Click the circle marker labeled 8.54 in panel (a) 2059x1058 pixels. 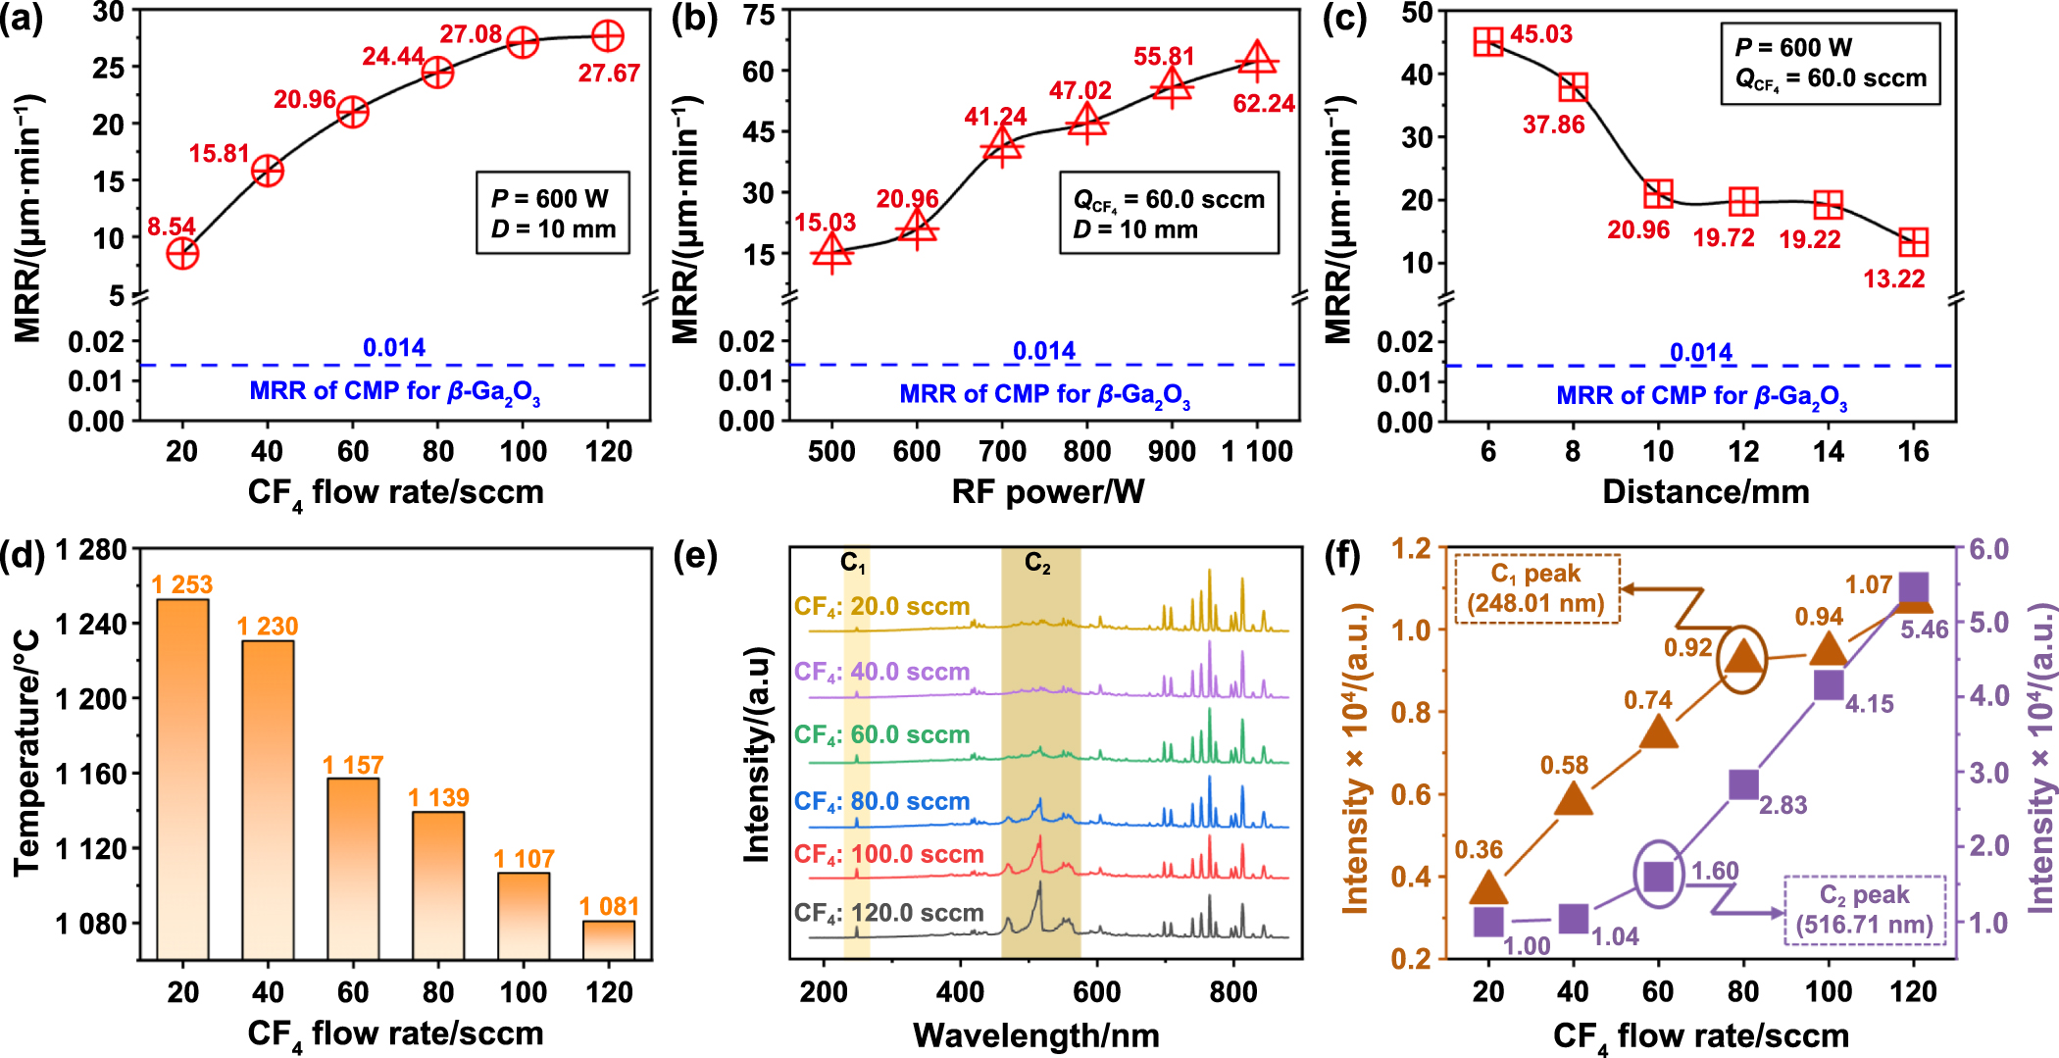[182, 253]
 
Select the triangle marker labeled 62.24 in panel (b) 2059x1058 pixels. [1257, 62]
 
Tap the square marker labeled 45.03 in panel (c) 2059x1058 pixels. [1488, 42]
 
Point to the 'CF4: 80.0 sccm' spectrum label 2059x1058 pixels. [881, 801]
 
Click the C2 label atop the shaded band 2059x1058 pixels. [1037, 562]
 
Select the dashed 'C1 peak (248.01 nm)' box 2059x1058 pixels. [1535, 587]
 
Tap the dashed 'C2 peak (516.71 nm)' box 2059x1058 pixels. [1864, 909]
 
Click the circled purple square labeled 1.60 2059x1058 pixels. [1658, 876]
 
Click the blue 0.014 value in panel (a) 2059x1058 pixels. [394, 347]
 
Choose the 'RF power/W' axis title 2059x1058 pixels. [1047, 491]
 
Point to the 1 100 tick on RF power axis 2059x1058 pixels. [1257, 451]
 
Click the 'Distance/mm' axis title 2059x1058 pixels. [1705, 491]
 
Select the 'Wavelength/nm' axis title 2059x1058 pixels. [1035, 1034]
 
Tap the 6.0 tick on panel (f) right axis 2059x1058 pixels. [1989, 549]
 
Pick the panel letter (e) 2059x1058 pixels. [695, 556]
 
